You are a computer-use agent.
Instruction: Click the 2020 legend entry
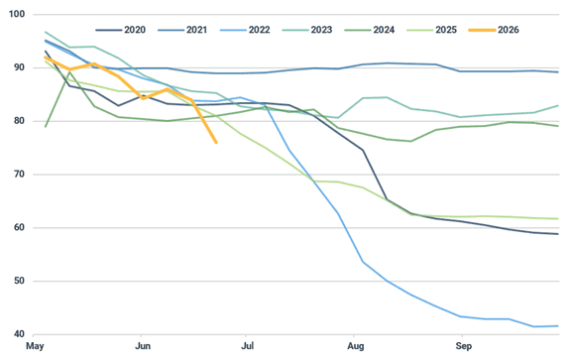[x=120, y=30]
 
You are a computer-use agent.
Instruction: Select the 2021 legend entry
[x=182, y=30]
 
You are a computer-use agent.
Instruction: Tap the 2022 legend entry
[x=245, y=30]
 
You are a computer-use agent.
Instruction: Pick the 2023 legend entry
[x=307, y=30]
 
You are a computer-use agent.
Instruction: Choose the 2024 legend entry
[x=370, y=30]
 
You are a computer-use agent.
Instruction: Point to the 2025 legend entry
[x=431, y=30]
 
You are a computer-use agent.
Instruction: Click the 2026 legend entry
[x=494, y=30]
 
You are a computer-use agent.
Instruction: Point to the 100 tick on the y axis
[x=17, y=14]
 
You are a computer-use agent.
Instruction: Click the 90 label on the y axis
[x=19, y=67]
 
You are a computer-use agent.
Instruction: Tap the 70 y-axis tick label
[x=19, y=174]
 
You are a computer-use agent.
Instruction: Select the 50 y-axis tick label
[x=19, y=281]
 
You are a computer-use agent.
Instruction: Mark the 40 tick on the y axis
[x=19, y=334]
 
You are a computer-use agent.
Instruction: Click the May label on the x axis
[x=35, y=346]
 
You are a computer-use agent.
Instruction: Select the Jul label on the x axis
[x=248, y=346]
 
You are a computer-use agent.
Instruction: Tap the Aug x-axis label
[x=356, y=346]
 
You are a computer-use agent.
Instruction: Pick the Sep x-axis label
[x=463, y=346]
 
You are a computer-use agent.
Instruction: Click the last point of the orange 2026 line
[x=216, y=143]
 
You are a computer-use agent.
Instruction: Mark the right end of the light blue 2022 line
[x=558, y=326]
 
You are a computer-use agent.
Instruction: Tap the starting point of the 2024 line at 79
[x=46, y=127]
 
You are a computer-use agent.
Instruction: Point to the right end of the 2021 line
[x=558, y=72]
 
